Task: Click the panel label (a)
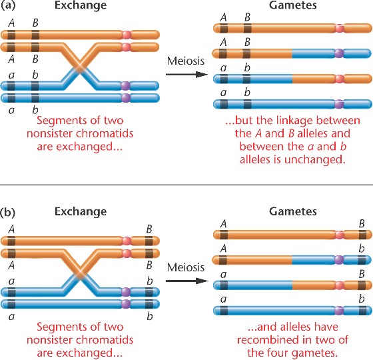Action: click(8, 5)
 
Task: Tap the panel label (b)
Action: click(8, 212)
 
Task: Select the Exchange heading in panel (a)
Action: click(81, 5)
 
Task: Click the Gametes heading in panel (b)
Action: click(293, 211)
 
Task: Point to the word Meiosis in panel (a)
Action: click(186, 61)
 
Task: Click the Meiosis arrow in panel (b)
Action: click(186, 281)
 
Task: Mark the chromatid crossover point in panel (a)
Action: click(80, 67)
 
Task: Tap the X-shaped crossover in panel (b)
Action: click(80, 273)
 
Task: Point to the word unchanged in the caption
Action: click(314, 159)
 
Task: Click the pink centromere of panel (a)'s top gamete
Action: click(340, 28)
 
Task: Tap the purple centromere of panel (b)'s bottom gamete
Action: click(339, 311)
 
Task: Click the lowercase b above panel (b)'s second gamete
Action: click(362, 249)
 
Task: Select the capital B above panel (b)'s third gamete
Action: click(362, 274)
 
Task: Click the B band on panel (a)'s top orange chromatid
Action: click(35, 35)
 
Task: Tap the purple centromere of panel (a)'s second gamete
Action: click(339, 53)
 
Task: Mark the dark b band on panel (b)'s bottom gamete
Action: click(362, 311)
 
